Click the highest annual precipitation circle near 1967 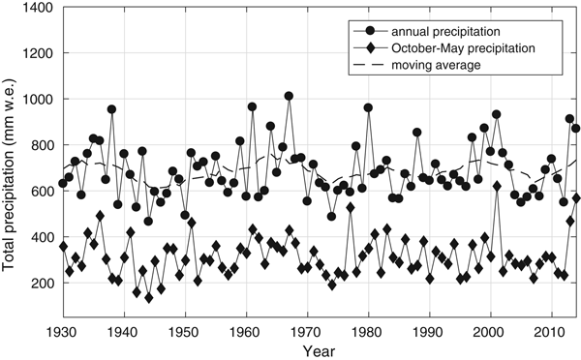(289, 96)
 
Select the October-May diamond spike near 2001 (497, 186)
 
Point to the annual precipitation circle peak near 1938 (111, 109)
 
